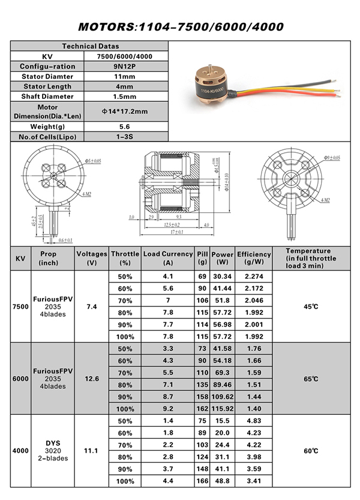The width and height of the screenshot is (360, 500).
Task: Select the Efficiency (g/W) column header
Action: [254, 258]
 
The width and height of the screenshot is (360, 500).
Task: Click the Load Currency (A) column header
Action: [168, 258]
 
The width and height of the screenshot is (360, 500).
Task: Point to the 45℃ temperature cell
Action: [310, 306]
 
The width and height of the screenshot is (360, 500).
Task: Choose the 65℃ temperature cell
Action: [310, 379]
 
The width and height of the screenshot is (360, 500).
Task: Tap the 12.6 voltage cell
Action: [92, 379]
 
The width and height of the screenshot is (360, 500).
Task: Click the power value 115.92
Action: [223, 408]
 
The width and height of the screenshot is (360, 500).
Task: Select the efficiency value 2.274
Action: [254, 276]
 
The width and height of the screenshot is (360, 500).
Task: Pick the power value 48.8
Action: [223, 480]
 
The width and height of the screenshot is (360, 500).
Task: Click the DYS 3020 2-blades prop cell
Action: [52, 451]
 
